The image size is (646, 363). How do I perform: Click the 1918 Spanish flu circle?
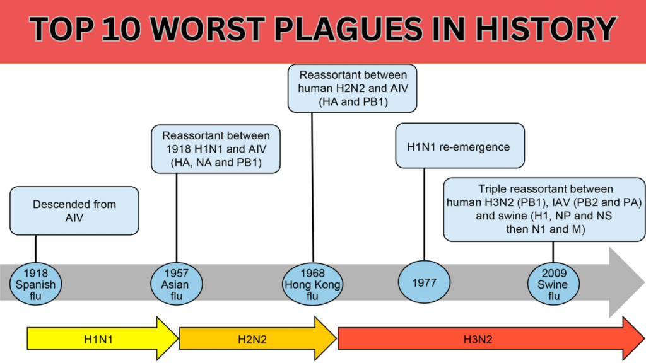click(x=35, y=284)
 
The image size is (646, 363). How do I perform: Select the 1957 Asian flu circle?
click(x=177, y=284)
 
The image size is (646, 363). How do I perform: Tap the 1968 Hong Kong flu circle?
click(x=313, y=284)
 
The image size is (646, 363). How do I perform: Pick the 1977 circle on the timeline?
click(x=424, y=282)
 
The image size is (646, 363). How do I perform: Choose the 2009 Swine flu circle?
click(x=553, y=284)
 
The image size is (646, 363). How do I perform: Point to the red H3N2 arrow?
click(x=491, y=338)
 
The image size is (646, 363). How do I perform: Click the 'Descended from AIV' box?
click(x=74, y=210)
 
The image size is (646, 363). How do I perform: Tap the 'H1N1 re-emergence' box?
click(x=460, y=146)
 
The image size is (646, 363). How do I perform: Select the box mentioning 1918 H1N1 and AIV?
click(x=216, y=149)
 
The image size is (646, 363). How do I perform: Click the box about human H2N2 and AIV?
click(x=352, y=88)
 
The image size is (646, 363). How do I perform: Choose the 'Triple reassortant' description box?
click(x=544, y=209)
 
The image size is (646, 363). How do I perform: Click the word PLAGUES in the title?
click(x=348, y=29)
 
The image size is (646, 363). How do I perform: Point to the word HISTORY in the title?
click(x=546, y=29)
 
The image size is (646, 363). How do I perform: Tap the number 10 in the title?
click(x=121, y=29)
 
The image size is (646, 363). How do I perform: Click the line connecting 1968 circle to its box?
click(x=312, y=188)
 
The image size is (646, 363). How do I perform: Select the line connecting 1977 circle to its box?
click(x=424, y=214)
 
